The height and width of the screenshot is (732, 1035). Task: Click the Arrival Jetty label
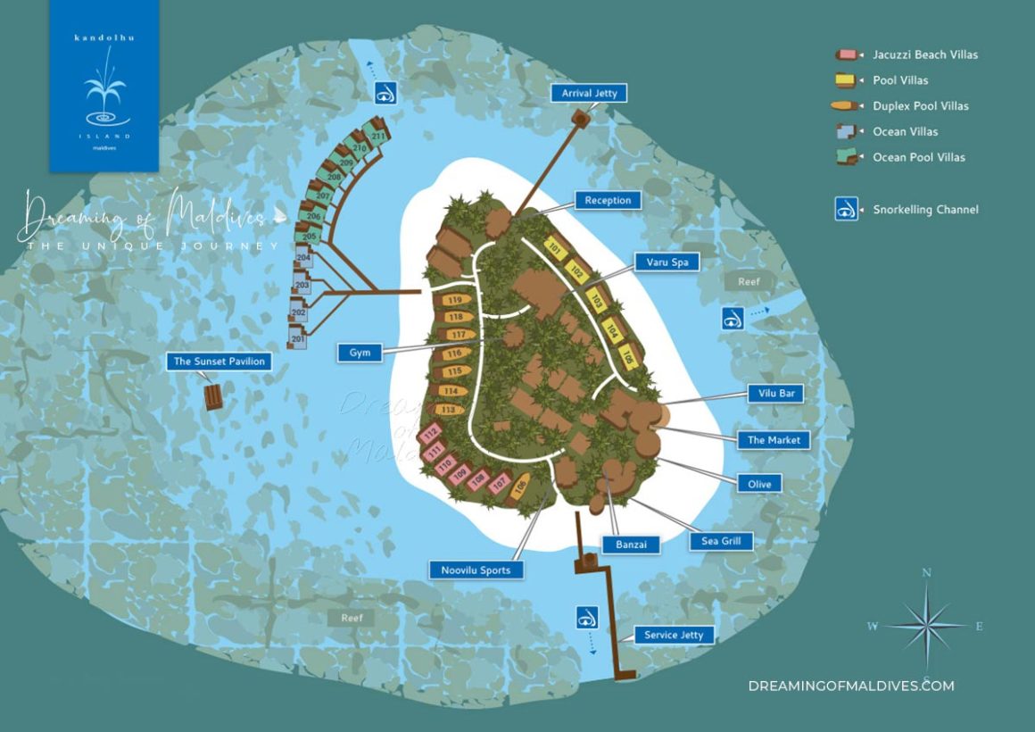pos(589,93)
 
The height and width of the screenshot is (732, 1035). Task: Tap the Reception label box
pos(608,201)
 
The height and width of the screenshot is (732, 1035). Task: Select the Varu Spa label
pos(667,262)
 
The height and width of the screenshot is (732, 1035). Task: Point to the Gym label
pos(360,353)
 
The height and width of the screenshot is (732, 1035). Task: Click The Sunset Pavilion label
pos(219,362)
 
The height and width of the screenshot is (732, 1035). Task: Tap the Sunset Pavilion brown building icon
pos(214,396)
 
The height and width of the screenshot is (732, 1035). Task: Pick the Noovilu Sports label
pos(476,570)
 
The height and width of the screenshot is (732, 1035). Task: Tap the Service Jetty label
pos(674,635)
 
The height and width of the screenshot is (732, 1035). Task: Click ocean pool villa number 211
pos(377,136)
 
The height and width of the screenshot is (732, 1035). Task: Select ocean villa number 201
pos(298,339)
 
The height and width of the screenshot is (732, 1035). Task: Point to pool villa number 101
pos(555,248)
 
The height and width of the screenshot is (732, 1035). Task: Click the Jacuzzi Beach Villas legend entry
pos(925,54)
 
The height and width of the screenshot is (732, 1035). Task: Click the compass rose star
pos(927,625)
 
